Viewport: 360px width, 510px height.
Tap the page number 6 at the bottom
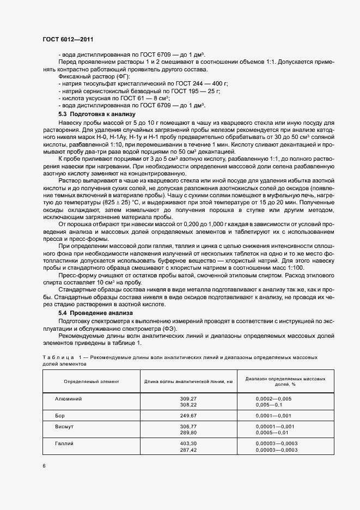44,465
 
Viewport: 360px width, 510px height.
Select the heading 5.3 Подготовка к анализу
93,114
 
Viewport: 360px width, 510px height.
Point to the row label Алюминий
69,399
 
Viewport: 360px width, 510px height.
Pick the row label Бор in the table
60,415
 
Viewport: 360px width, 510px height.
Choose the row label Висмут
64,427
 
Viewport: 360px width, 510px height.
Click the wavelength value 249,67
187,415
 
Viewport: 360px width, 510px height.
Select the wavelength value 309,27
187,399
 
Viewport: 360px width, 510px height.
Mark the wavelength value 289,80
187,433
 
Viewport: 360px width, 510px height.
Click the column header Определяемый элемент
91,381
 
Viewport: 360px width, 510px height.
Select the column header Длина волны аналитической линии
188,381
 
